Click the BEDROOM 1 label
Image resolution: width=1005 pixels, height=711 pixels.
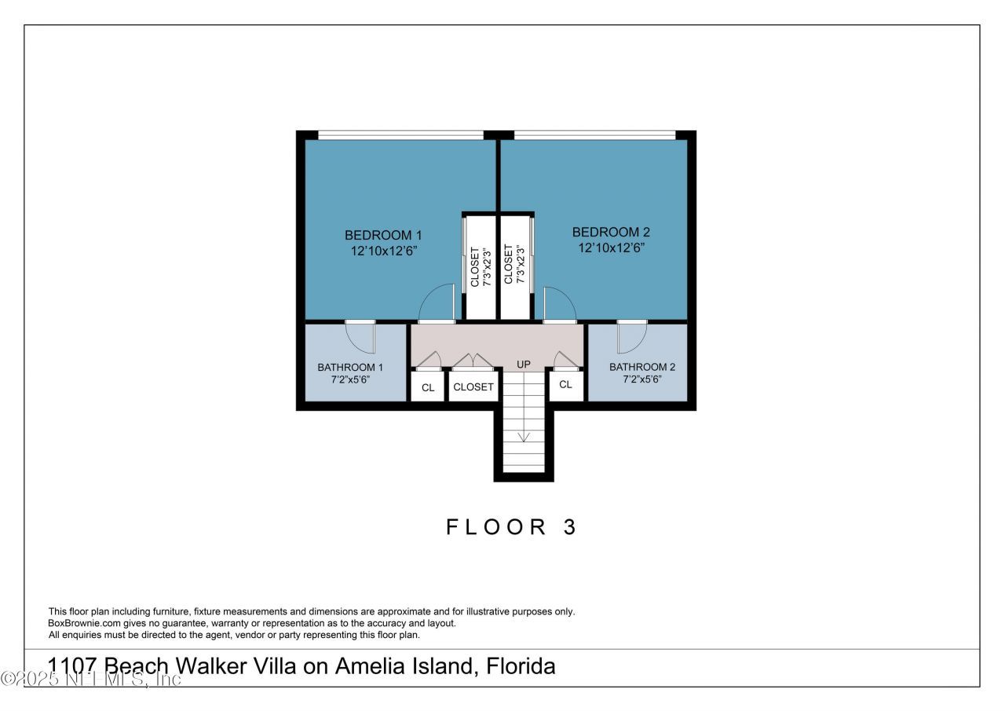pos(383,235)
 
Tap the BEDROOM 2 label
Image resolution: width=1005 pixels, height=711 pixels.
pos(611,232)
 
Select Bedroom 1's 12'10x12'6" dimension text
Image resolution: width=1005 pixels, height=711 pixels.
pos(383,251)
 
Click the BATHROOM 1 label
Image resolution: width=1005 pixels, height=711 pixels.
pos(350,367)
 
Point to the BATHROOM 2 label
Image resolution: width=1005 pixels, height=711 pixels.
pos(641,367)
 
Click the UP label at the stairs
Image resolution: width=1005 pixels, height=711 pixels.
pos(524,365)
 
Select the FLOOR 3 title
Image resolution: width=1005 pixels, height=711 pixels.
pos(512,527)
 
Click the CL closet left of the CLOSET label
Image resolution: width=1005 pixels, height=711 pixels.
pos(428,387)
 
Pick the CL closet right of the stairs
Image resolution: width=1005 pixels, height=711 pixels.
pos(565,384)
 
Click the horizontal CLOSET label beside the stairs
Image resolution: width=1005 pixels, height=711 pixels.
pos(473,387)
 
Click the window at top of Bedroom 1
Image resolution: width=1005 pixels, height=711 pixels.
pos(400,135)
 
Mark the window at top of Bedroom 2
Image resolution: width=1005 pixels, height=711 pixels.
pos(594,135)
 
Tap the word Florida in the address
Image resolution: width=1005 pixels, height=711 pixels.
pos(521,667)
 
